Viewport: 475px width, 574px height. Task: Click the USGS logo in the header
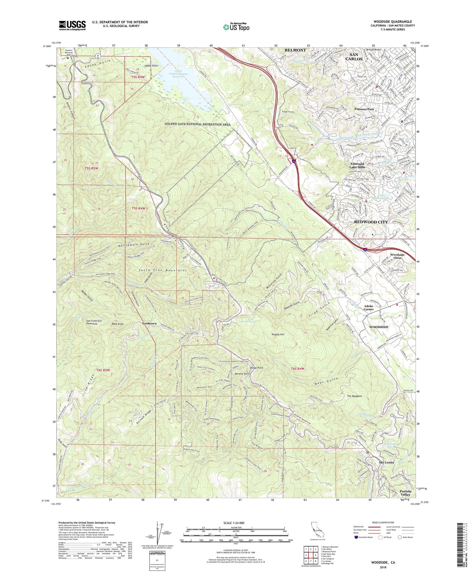(x=72, y=25)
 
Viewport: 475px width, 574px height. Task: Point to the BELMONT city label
(x=295, y=50)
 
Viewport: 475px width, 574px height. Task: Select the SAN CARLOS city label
(x=354, y=57)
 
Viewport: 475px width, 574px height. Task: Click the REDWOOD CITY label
(x=370, y=222)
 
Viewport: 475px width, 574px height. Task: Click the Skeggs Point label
(x=256, y=368)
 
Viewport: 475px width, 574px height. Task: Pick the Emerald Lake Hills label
(x=357, y=165)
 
